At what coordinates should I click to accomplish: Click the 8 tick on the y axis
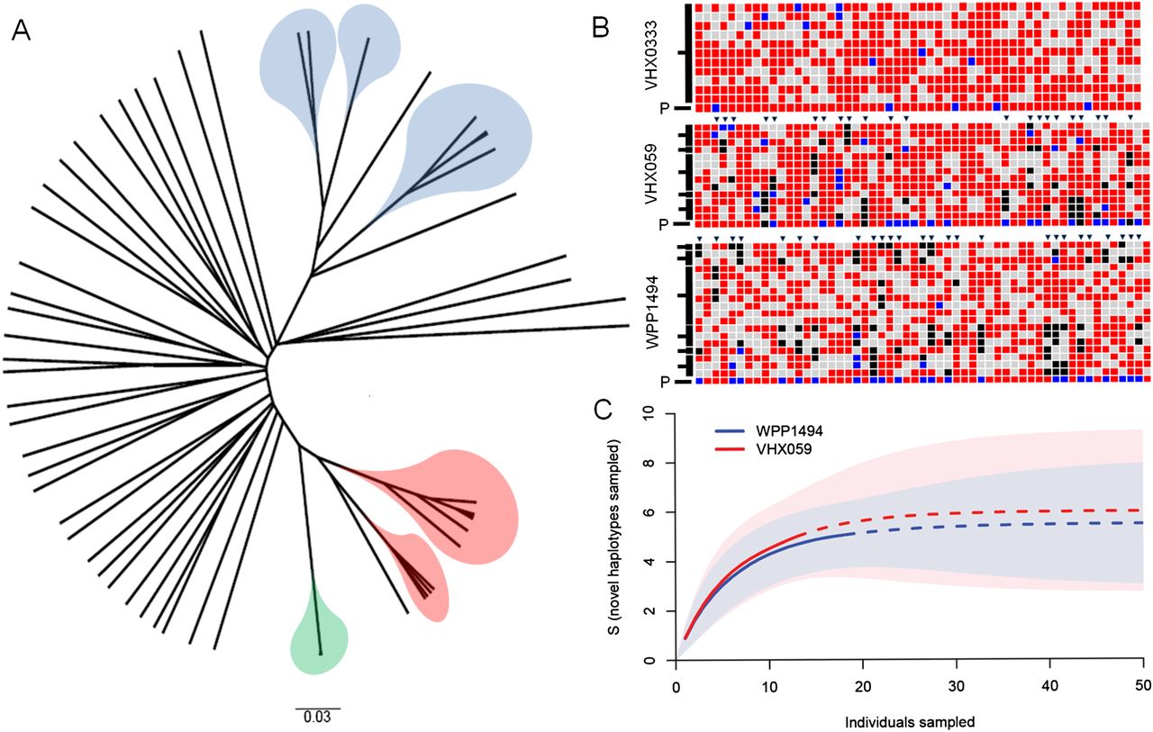click(x=659, y=464)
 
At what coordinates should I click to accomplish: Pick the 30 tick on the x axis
click(x=956, y=686)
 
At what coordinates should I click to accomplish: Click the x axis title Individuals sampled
click(x=911, y=720)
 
